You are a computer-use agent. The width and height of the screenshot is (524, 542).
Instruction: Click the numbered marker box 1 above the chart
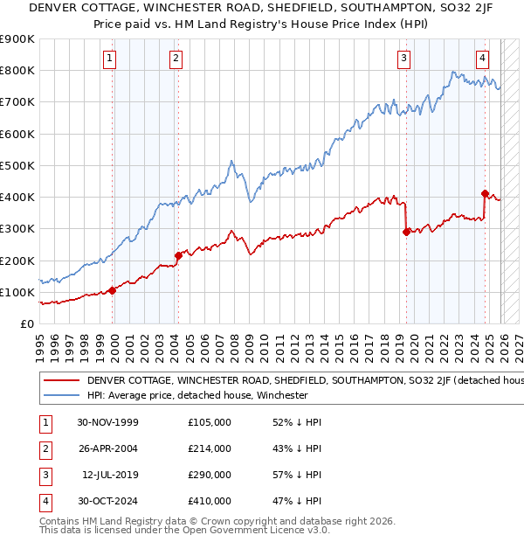[110, 59]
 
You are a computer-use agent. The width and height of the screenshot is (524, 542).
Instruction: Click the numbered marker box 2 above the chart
[176, 59]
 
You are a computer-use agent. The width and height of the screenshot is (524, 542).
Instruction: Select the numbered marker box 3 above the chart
[404, 59]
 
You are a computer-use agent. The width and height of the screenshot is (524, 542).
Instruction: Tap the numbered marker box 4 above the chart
[482, 59]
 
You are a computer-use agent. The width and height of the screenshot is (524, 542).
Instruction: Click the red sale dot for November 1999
[113, 291]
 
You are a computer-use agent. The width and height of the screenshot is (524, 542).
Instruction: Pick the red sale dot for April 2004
[178, 256]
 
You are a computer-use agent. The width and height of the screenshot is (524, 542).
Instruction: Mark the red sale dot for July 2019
[406, 232]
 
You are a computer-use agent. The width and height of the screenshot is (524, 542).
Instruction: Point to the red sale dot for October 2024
[485, 193]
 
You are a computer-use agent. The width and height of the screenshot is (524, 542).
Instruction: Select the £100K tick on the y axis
[17, 293]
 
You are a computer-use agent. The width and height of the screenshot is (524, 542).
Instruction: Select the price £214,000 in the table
[210, 448]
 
